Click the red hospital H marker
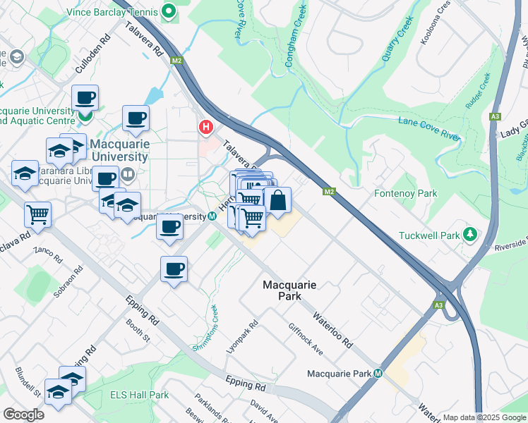205,127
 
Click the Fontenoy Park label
405,193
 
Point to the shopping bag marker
277,200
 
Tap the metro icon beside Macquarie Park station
378,373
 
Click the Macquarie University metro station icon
212,216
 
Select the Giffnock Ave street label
306,338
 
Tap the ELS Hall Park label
139,396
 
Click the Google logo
23,415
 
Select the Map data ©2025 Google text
484,418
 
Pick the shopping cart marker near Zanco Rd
38,214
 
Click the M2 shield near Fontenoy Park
328,191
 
